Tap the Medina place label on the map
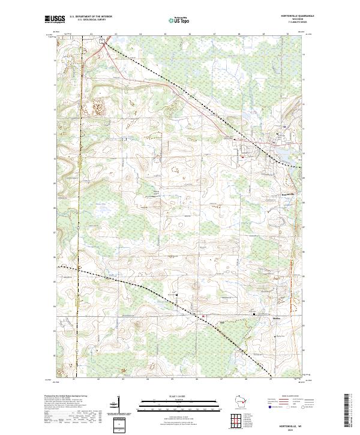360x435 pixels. [x=277, y=318]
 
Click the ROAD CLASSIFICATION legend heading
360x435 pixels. [x=287, y=397]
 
